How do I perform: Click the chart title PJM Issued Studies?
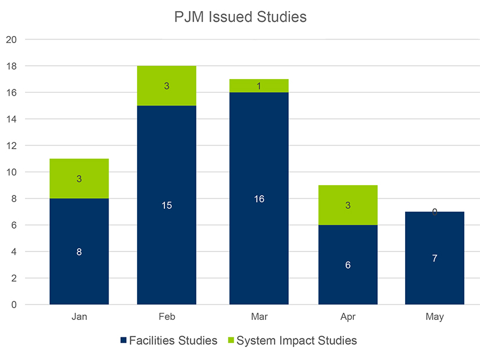point(240,17)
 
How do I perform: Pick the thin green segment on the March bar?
point(259,86)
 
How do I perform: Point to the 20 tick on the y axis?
point(12,39)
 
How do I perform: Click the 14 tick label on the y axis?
point(12,119)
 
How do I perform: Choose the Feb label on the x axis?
point(167,317)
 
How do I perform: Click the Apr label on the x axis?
point(348,317)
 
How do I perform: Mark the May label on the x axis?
point(435,317)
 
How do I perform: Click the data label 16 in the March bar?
point(259,199)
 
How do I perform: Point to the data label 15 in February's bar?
point(167,206)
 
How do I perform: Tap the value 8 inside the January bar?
point(79,252)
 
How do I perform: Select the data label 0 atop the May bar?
point(435,213)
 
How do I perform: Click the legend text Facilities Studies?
point(173,341)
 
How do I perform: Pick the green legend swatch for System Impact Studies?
point(228,341)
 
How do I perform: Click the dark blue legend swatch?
point(124,341)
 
